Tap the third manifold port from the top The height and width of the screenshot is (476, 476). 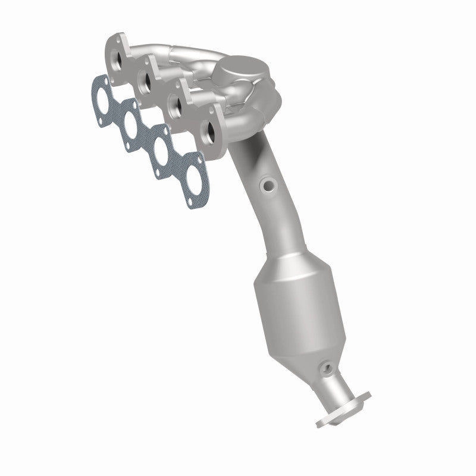177,104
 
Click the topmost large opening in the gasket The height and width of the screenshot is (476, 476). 102,96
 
